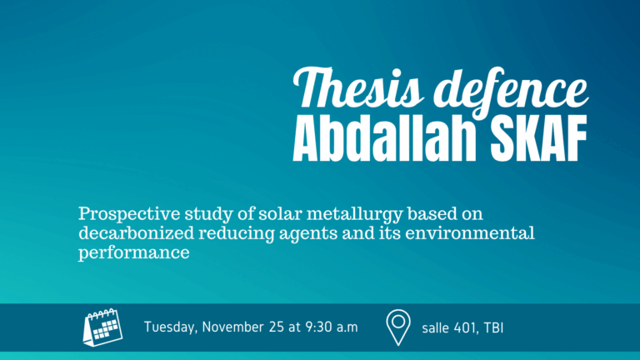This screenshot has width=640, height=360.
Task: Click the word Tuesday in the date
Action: (x=172, y=327)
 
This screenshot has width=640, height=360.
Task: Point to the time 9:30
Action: (x=322, y=327)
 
